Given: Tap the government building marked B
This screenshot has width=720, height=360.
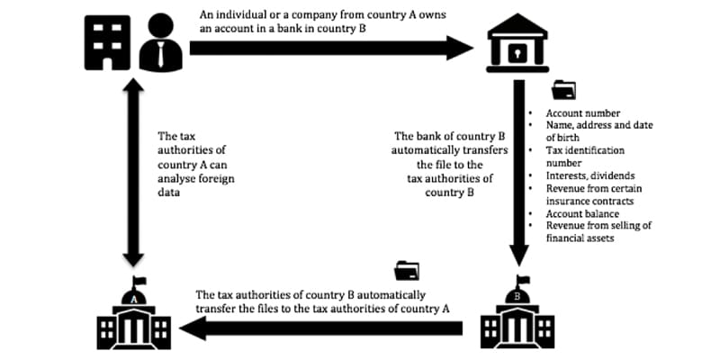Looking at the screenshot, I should pos(517,319).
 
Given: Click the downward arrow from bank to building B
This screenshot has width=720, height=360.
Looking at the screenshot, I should pos(517,171).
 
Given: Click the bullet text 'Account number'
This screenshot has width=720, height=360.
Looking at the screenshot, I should pos(582,113).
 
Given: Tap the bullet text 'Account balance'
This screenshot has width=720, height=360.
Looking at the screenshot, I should pos(582,214).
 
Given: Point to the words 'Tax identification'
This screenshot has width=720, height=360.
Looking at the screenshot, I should pos(586,151).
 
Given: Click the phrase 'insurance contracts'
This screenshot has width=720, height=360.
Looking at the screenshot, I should pos(589,202).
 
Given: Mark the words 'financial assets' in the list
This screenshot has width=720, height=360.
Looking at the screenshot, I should pos(582,239).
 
